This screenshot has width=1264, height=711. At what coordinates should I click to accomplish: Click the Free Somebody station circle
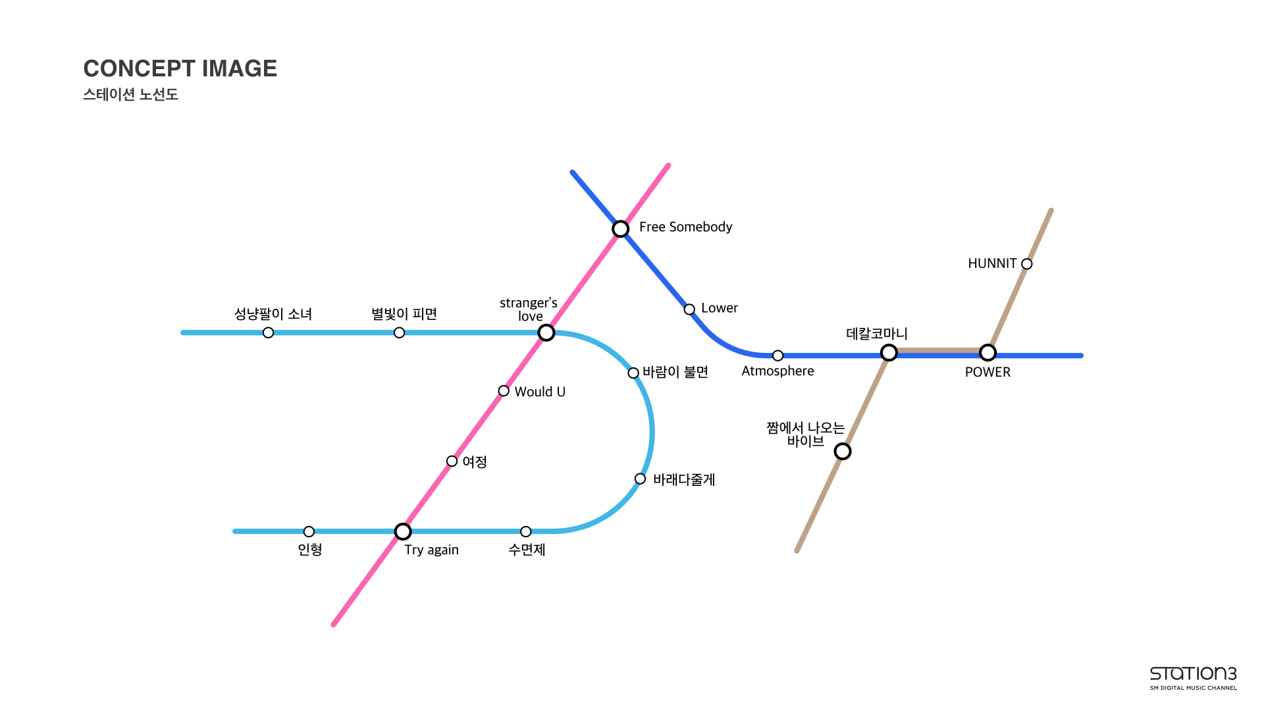click(x=620, y=228)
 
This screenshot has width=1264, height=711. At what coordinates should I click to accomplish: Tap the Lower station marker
click(x=689, y=309)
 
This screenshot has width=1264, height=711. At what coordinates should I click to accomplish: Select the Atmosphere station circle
click(x=777, y=355)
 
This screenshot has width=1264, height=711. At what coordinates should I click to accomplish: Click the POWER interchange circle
click(x=987, y=353)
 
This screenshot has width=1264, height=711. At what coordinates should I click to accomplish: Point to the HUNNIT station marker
click(x=1026, y=264)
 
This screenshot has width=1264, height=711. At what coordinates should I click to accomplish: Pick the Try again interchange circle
click(x=403, y=531)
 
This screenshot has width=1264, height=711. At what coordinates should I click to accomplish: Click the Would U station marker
click(x=504, y=391)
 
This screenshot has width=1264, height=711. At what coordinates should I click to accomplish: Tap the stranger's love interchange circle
click(x=546, y=332)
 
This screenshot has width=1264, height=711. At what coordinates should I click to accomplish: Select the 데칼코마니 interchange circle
click(x=889, y=353)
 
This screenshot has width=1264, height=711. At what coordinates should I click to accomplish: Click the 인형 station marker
click(x=309, y=531)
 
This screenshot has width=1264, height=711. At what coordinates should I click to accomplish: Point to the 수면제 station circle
click(x=525, y=531)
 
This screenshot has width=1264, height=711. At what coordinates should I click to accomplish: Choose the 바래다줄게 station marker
click(x=640, y=479)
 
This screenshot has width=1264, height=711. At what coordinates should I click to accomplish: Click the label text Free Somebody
click(x=685, y=227)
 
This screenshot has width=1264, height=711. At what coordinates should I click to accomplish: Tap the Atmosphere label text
click(x=777, y=371)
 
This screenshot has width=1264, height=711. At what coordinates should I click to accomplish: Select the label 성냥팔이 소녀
click(x=273, y=314)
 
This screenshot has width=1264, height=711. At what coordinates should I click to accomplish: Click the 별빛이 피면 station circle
click(x=399, y=332)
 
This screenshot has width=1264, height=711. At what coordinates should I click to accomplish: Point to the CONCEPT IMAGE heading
click(x=180, y=68)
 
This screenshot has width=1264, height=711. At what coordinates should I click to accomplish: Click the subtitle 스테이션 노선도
click(x=130, y=95)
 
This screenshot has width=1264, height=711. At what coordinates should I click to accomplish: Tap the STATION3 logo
click(x=1193, y=677)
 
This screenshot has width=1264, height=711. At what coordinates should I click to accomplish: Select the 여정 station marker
click(x=452, y=461)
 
